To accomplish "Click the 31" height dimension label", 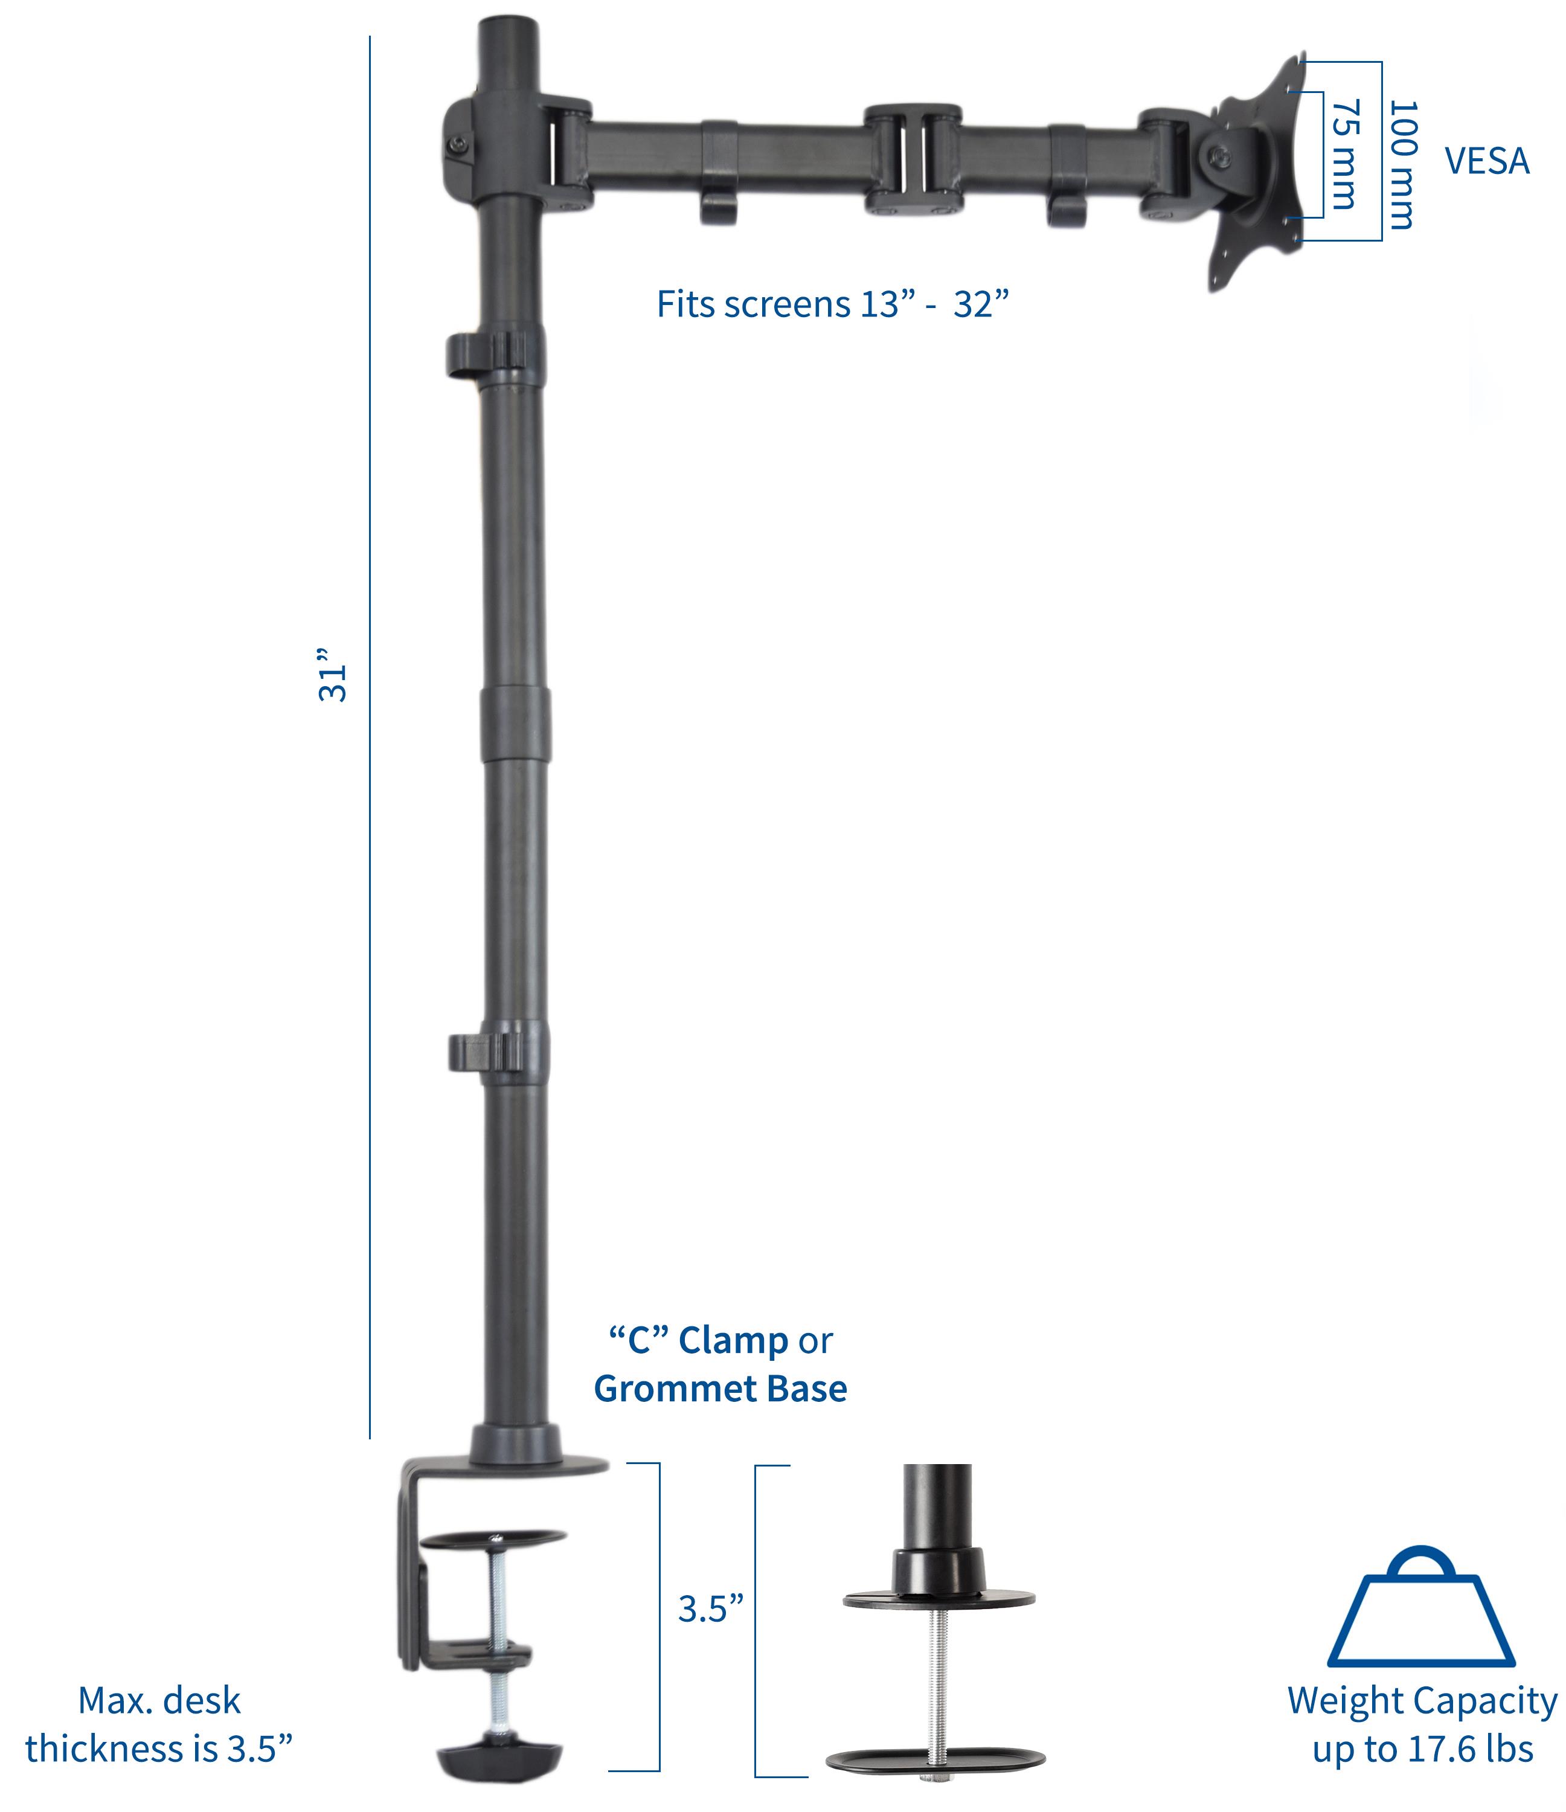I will click(332, 674).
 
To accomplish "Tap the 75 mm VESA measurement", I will click(1346, 154).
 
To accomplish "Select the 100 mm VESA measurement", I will click(1402, 164).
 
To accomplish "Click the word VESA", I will click(1486, 161).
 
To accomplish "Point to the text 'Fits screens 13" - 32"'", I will click(832, 304).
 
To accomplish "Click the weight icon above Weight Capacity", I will click(1421, 1611).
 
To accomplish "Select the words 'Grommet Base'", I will click(720, 1389).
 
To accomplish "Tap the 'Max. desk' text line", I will click(159, 1701).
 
